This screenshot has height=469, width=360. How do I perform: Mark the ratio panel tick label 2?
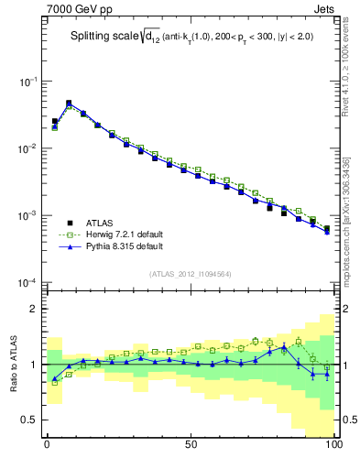(x=35, y=310)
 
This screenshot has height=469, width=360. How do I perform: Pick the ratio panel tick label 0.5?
(x=30, y=420)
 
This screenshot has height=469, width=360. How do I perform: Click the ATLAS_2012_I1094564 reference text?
(x=191, y=273)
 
